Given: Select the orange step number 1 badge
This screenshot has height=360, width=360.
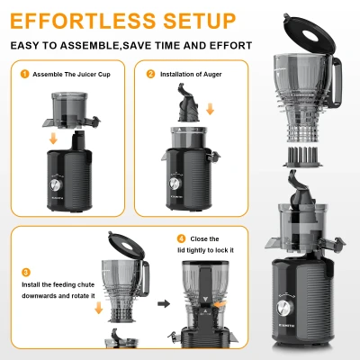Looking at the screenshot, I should pos(25,75).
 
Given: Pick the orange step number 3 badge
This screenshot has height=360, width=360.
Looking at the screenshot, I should pos(26,271).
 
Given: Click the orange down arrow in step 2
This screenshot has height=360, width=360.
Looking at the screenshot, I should pos(211,108).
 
